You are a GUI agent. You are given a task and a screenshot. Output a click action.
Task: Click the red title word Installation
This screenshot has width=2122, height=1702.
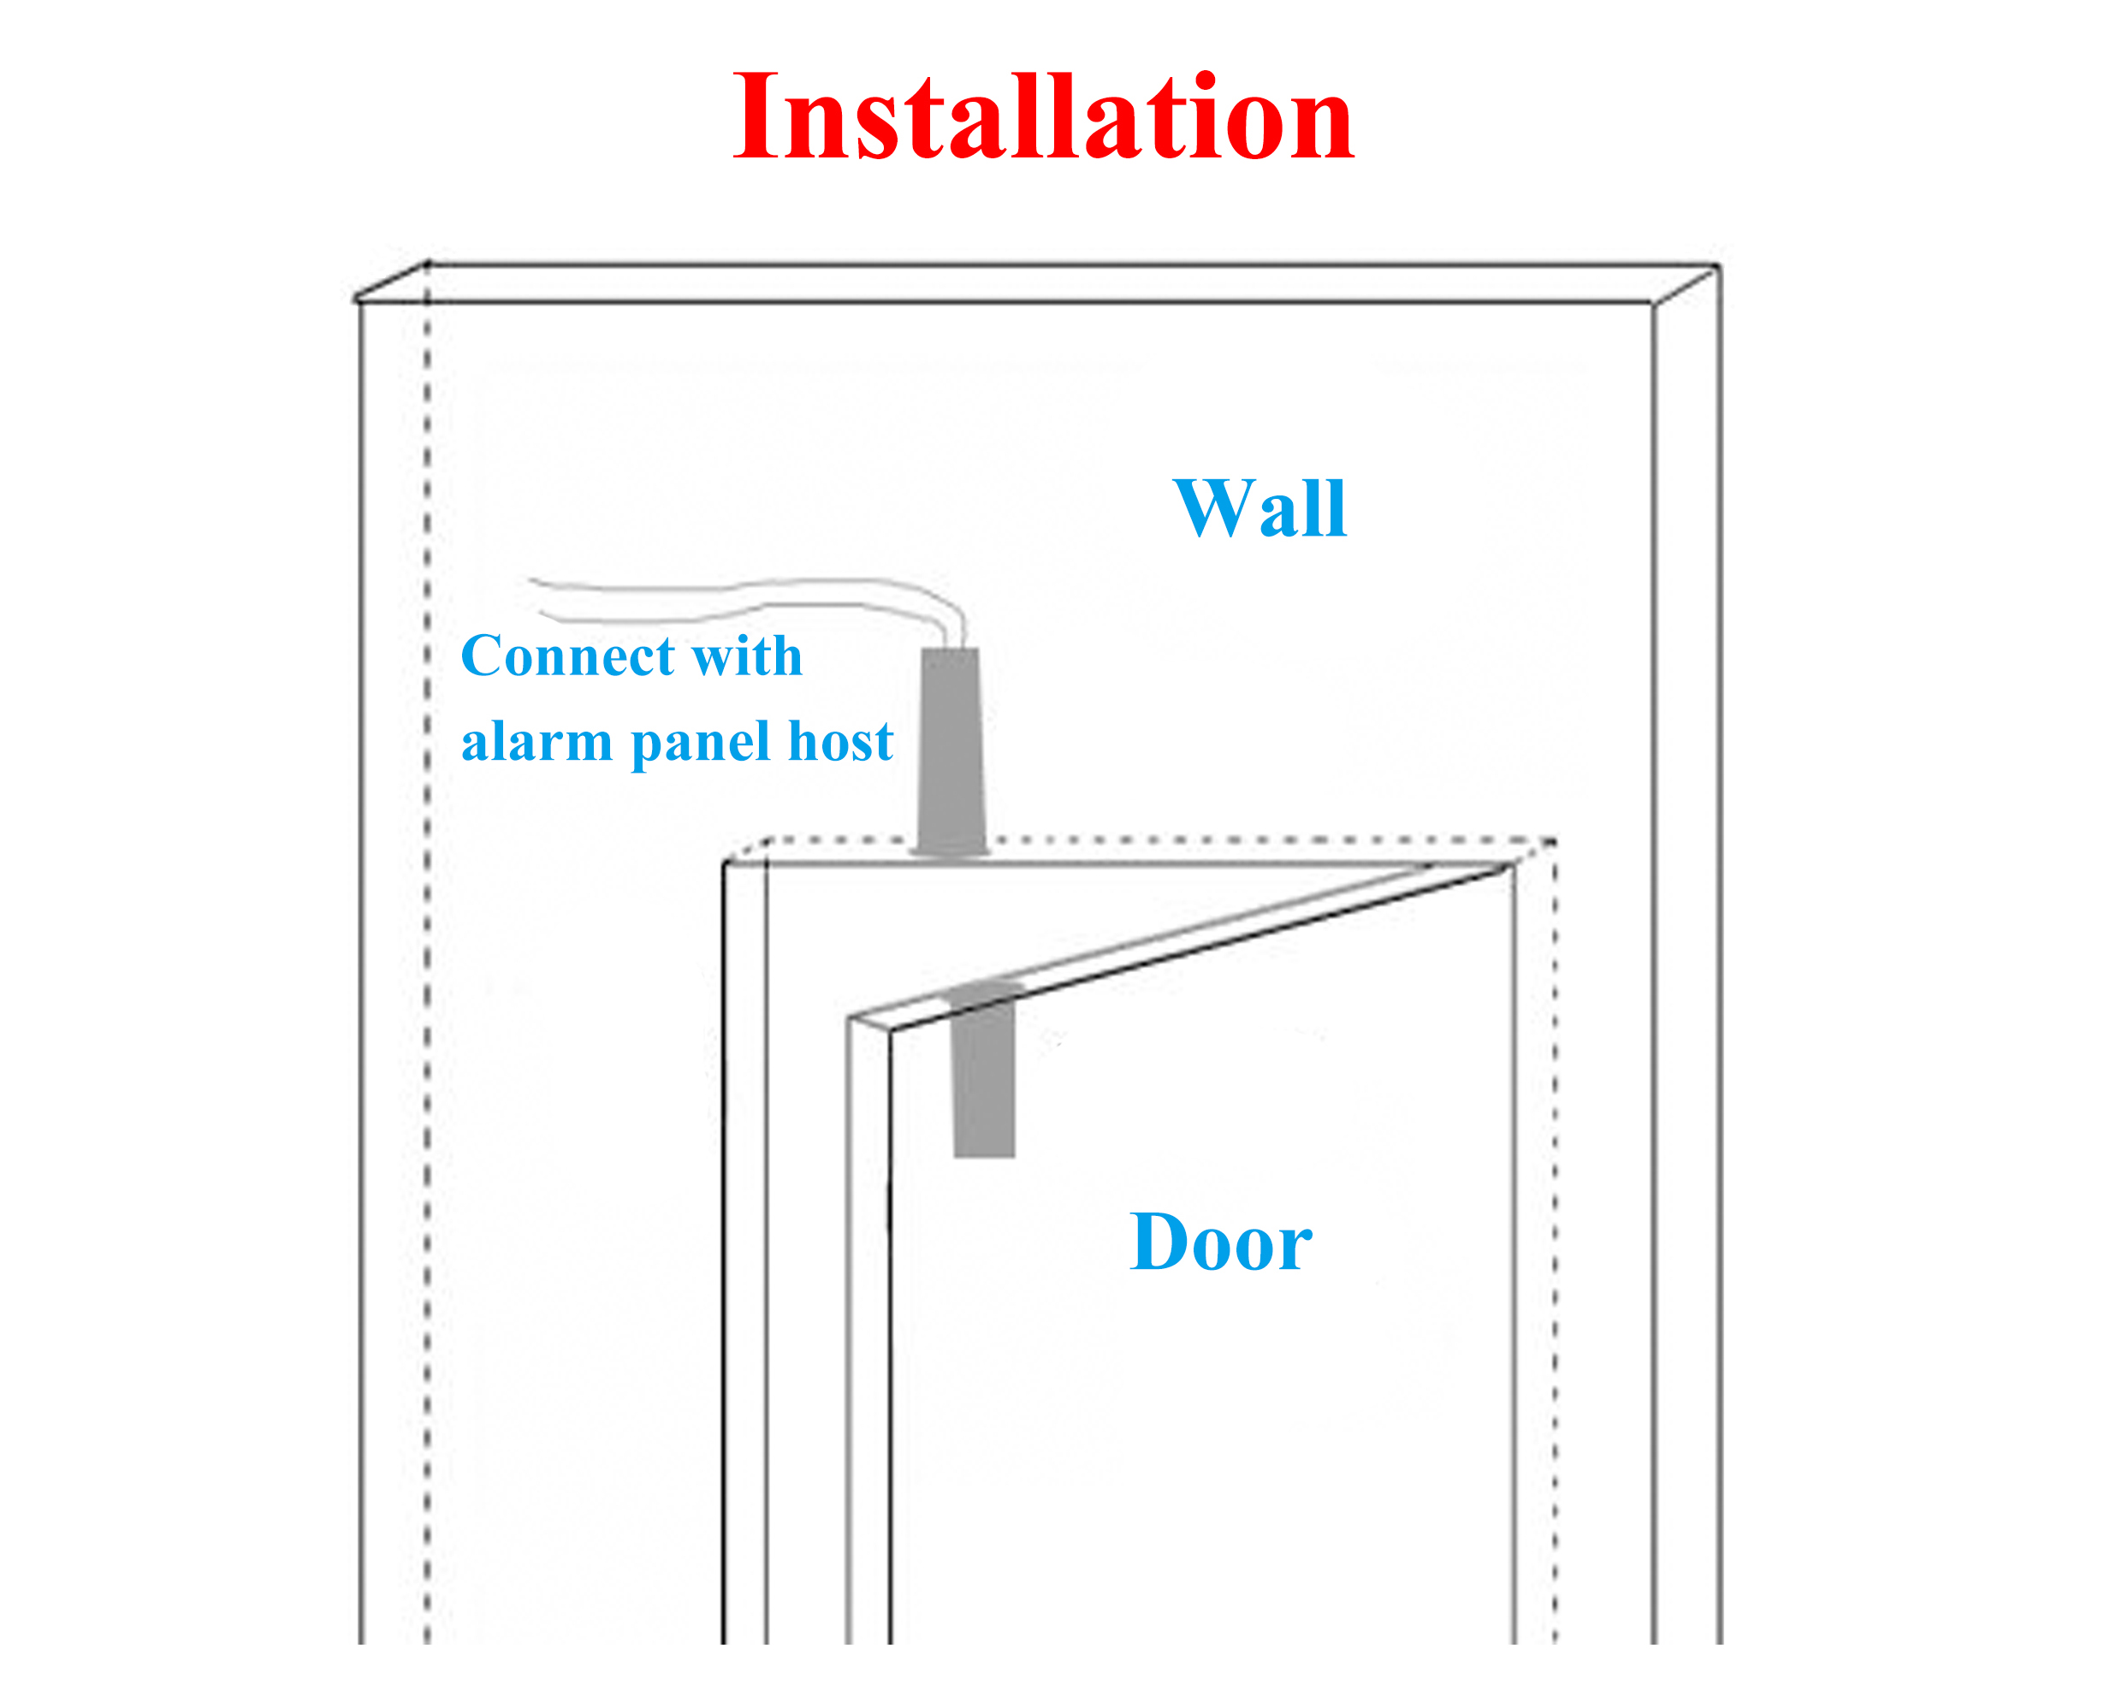pos(1043,118)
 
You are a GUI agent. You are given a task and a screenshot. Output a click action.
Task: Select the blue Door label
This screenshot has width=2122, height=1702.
pos(1220,1242)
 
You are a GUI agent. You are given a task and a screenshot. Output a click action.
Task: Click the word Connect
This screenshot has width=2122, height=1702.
pos(568,656)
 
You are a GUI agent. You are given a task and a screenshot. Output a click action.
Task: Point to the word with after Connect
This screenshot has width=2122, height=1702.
pos(747,656)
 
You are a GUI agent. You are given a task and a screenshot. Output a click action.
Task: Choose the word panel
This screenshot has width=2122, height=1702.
pos(700,744)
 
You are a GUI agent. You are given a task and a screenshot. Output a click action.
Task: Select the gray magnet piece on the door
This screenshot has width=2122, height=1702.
pos(983,1073)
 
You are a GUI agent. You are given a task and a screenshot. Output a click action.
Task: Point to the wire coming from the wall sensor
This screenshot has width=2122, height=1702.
pos(748,595)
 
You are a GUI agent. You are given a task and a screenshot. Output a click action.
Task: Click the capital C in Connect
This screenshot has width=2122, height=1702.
pos(485,656)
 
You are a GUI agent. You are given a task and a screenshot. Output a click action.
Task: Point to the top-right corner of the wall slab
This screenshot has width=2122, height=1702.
pos(1718,267)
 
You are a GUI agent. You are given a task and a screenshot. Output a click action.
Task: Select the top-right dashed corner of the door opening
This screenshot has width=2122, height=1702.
pos(1555,842)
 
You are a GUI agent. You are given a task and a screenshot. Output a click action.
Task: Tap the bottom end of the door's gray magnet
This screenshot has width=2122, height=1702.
pos(984,1154)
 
